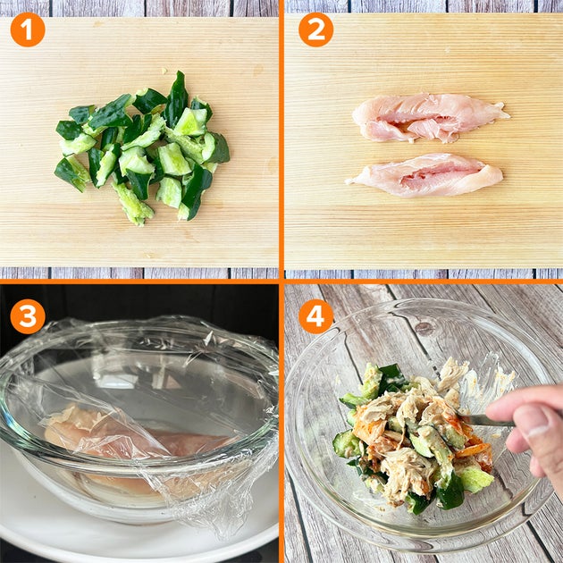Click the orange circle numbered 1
(x=28, y=29)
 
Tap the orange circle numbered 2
(x=316, y=29)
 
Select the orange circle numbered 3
(x=28, y=316)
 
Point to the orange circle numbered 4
(x=316, y=316)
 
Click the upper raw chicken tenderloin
(x=427, y=117)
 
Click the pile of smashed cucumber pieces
(x=142, y=147)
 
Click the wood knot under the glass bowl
(x=424, y=327)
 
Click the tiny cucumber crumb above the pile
(x=164, y=71)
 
